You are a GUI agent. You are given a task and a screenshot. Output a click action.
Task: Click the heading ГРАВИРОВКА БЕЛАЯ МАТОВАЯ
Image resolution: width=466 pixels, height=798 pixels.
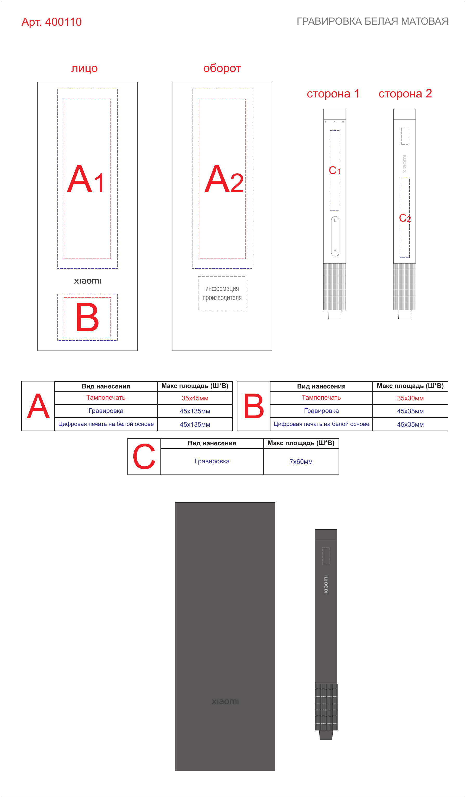coord(372,21)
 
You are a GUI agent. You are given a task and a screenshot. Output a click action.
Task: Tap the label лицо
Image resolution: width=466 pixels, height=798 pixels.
coord(84,68)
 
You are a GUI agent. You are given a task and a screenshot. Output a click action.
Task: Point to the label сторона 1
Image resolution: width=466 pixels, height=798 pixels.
coord(333,94)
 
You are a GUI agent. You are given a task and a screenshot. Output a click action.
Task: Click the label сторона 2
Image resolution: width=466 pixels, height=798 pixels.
coord(405,94)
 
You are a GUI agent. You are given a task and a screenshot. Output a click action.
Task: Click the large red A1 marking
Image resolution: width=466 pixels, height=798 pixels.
coord(85,179)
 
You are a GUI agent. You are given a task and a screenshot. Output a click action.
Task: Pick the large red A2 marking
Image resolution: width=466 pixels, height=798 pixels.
coord(224,179)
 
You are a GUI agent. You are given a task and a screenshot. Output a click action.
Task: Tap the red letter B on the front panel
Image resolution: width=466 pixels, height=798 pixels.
coord(87,317)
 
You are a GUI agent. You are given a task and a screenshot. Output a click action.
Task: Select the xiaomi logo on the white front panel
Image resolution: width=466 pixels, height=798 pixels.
coord(87,281)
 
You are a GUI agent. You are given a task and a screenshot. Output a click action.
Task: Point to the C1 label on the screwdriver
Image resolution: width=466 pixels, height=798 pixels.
coord(334,170)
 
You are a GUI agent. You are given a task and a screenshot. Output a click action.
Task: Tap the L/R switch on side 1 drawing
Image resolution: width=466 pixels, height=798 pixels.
coord(335,236)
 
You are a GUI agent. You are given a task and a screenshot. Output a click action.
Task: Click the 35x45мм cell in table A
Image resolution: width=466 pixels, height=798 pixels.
coord(195,398)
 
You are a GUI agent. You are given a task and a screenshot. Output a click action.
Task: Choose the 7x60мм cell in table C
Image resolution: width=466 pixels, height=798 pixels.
coord(301,461)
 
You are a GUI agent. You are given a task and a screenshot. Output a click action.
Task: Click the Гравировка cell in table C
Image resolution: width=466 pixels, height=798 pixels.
coord(212,461)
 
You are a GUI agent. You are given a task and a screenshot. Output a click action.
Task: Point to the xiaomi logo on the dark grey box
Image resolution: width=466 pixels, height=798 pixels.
coord(225,701)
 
